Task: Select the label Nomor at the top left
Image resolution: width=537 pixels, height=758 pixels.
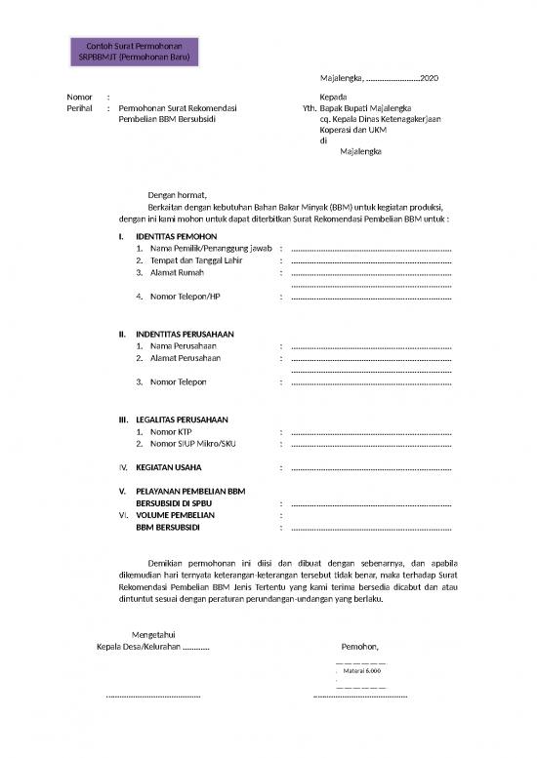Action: pos(79,98)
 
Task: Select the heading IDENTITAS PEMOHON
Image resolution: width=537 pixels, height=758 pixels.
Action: pos(176,237)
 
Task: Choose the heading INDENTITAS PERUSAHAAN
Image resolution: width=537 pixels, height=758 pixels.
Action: pos(185,334)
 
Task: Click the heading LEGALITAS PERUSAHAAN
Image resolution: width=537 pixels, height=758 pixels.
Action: pos(182,419)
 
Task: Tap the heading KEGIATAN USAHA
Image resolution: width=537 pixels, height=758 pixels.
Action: pos(176,467)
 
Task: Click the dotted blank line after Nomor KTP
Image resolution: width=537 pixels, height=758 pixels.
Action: pos(371,432)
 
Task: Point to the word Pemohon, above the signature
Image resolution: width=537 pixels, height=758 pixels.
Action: pos(360,647)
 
